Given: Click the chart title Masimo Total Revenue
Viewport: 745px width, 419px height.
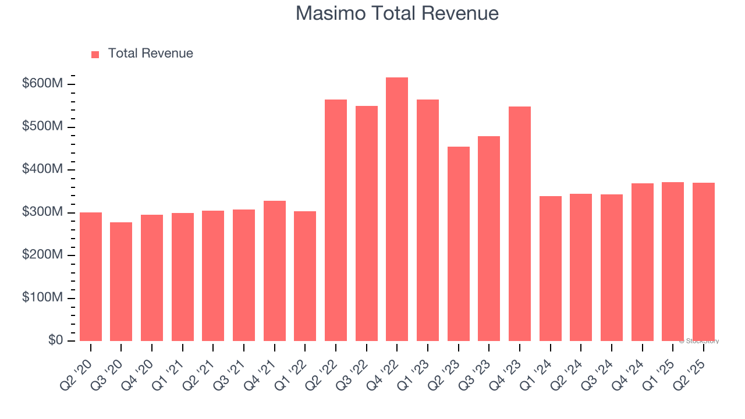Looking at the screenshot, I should [x=397, y=13].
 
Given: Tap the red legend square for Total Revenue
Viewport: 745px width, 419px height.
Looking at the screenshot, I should [x=95, y=54].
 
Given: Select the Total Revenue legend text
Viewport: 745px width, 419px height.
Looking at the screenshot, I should [x=150, y=54].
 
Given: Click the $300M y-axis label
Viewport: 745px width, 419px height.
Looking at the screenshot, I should [x=42, y=212].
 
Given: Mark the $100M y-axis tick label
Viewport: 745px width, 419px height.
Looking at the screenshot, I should [x=42, y=298].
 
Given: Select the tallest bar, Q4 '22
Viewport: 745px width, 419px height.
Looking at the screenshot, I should [x=397, y=210].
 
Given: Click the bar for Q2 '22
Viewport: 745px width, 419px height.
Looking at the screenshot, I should [x=336, y=221].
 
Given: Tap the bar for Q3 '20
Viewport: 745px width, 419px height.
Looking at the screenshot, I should [x=121, y=282].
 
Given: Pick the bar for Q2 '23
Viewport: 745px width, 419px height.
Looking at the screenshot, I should [x=458, y=244].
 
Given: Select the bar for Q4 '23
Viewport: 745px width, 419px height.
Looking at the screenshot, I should [x=519, y=224].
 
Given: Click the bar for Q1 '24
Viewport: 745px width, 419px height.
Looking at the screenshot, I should [x=550, y=269].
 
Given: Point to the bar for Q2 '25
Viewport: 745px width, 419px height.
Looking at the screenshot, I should [x=703, y=262].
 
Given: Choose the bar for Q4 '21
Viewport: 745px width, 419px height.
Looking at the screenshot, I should [x=274, y=271].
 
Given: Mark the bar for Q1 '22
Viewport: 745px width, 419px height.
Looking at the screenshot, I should [x=305, y=276].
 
